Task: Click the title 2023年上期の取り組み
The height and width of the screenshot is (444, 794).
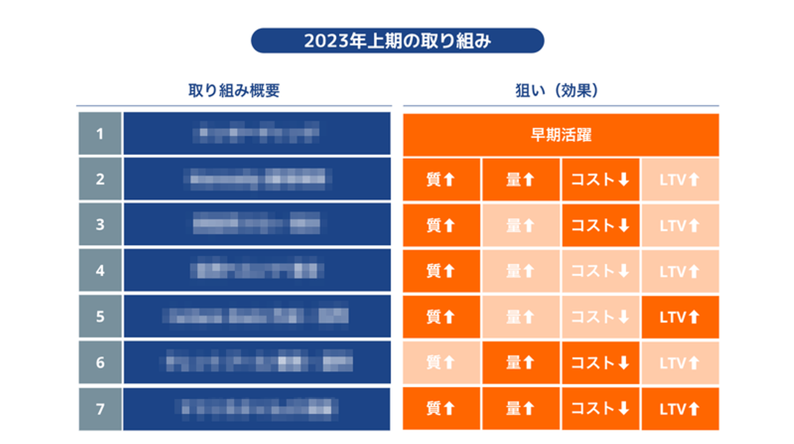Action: coord(397,41)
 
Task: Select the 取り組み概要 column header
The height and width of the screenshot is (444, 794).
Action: coord(234,90)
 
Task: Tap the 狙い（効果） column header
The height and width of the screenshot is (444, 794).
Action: coord(561,90)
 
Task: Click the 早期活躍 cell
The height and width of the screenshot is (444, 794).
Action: coord(561,135)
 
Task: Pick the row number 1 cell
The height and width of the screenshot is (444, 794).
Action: coord(100,133)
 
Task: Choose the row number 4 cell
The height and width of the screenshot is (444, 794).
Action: coord(100,271)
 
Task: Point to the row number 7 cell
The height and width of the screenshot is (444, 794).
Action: coord(100,409)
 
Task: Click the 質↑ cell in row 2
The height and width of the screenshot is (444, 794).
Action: coord(441,180)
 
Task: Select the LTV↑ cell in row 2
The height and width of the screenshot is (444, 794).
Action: coord(680,180)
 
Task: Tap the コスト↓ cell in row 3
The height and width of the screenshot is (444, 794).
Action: coord(600,225)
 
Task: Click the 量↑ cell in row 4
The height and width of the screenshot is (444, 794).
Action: coord(521,271)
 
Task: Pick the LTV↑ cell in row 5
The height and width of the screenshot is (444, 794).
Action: coord(680,317)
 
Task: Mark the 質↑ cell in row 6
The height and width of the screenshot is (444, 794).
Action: coord(441,362)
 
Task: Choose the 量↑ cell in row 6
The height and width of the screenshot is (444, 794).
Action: coord(521,362)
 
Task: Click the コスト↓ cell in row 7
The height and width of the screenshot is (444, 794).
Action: coord(600,409)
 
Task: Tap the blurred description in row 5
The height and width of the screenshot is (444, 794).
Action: coord(256,317)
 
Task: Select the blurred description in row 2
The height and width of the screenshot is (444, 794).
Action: coord(256,179)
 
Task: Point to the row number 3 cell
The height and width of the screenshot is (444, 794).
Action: coord(100,225)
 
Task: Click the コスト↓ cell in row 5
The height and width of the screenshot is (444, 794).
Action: coord(600,317)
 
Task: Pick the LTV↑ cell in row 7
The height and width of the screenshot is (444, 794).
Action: coord(680,409)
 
